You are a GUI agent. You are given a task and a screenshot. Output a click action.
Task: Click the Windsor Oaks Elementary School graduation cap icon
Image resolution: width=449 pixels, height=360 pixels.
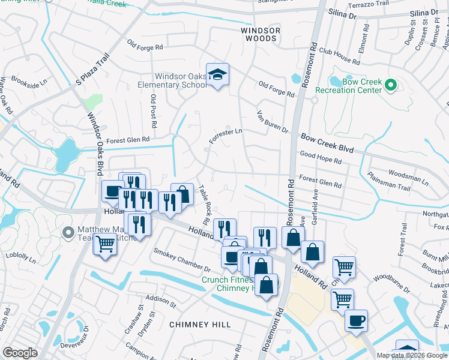[217, 75]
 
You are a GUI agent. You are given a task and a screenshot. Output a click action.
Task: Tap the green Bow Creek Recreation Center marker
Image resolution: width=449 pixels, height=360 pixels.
[391, 86]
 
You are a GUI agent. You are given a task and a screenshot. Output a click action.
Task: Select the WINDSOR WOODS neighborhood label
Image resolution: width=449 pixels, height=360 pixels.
[259, 34]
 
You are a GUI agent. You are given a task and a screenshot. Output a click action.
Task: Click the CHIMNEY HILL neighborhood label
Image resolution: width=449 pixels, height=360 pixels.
[200, 324]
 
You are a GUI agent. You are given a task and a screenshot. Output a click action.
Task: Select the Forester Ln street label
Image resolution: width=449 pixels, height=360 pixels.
[225, 135]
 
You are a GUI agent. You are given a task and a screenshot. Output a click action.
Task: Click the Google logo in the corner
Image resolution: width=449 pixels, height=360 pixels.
[20, 353]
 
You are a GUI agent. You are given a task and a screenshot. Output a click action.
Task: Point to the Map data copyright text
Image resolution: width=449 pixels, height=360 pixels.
[411, 355]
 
